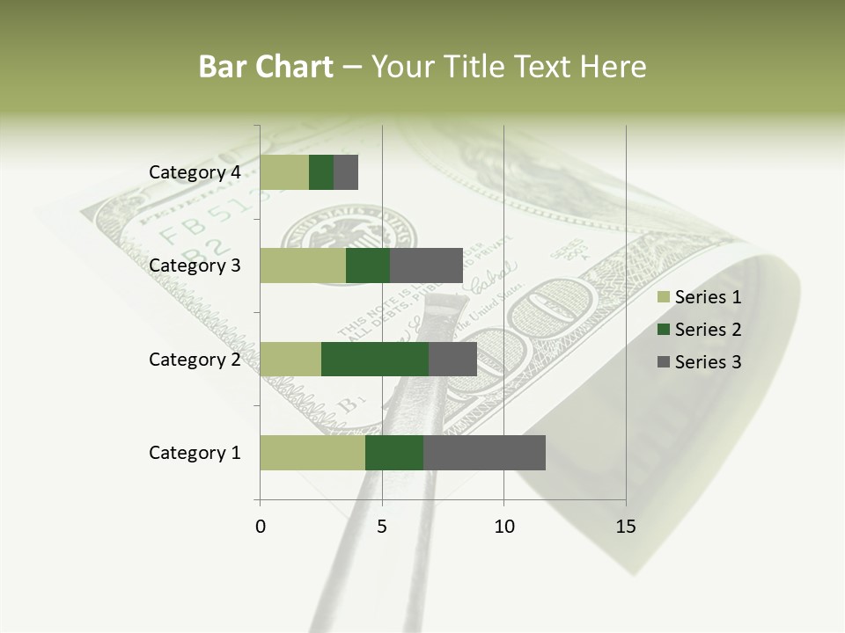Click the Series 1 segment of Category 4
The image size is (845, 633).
coord(284,172)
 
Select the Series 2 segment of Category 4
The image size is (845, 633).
coord(321,172)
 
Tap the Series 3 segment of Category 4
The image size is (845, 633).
coord(346,172)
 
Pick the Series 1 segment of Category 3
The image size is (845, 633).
coord(303,266)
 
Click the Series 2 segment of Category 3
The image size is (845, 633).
coord(368,266)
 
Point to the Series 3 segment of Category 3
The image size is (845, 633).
coord(426,266)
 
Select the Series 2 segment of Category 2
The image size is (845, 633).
coord(375,359)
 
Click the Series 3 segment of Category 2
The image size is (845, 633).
coord(452,359)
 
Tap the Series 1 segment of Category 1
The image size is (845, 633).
coord(312,453)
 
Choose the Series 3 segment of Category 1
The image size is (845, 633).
coord(484,453)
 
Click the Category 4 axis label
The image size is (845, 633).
coord(195,172)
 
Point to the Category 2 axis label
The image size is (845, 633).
coord(195,359)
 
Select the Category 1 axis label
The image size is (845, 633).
coord(195,453)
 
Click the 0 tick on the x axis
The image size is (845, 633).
coord(261,527)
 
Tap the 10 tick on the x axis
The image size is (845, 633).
coord(503,527)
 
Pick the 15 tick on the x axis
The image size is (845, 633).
coord(625,527)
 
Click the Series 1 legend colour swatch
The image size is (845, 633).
coord(663,297)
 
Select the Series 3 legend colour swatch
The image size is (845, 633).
coord(663,362)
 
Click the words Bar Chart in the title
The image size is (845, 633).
coord(266,67)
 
